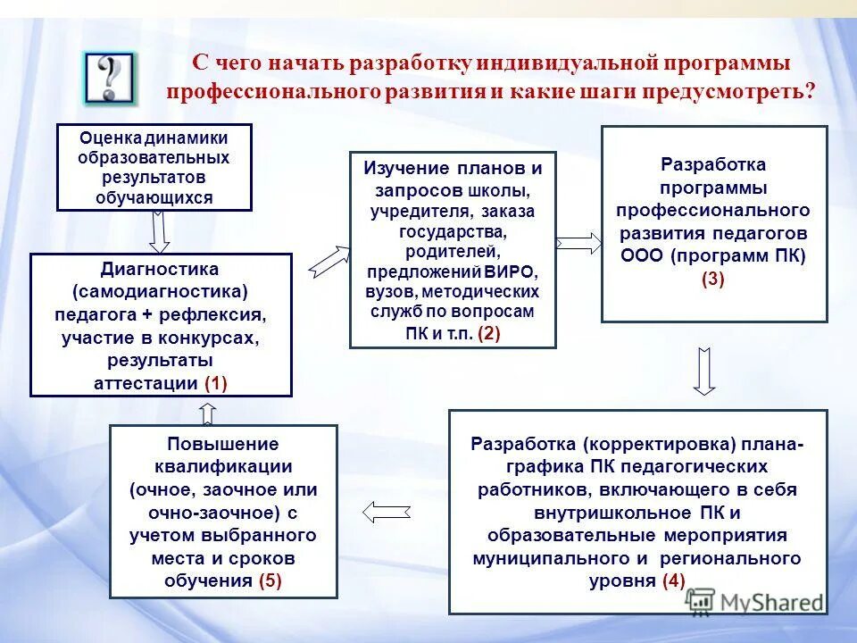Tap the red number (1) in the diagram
point(216,383)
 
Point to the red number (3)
point(713,279)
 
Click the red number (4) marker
point(673,581)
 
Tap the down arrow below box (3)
point(704,370)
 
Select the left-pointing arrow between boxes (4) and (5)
point(386,512)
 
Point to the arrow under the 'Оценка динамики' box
point(159,232)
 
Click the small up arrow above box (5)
point(207,412)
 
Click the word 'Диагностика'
point(160,269)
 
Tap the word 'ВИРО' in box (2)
point(512,272)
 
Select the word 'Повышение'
point(223,444)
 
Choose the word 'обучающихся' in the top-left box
point(154,197)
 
